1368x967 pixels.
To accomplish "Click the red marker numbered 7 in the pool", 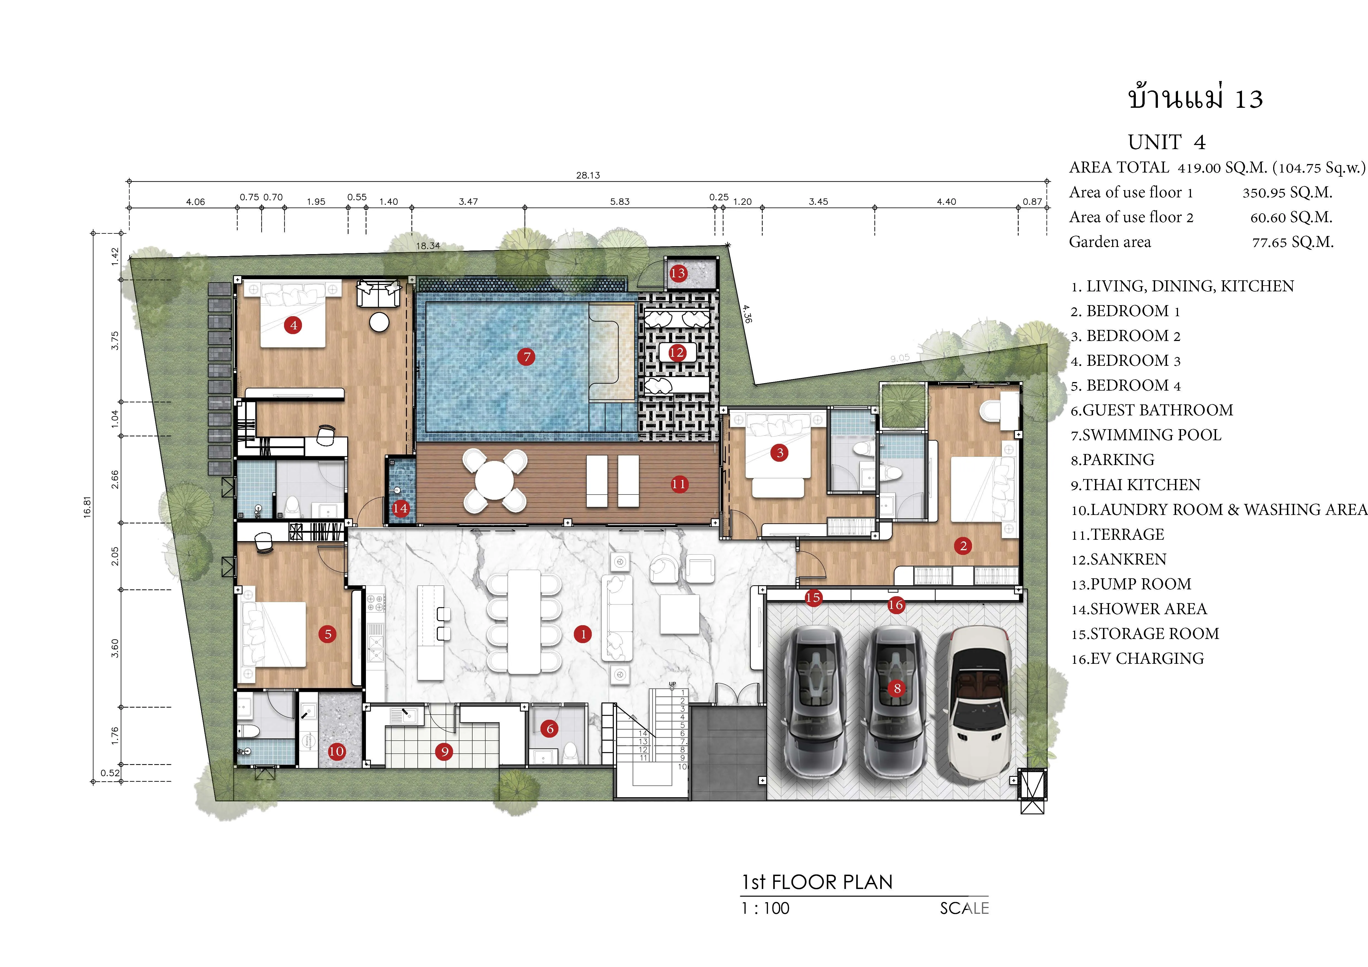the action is (x=526, y=357).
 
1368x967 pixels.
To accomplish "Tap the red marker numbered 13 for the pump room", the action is (x=678, y=273).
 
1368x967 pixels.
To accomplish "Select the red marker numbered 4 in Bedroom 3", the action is (x=293, y=325).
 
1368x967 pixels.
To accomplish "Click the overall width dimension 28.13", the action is (x=588, y=175).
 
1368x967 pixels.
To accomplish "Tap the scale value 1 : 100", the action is (x=766, y=909).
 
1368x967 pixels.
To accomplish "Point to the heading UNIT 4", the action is (x=1167, y=142).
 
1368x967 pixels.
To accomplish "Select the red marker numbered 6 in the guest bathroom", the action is (x=550, y=728).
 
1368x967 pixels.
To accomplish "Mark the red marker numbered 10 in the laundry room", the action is (x=337, y=751).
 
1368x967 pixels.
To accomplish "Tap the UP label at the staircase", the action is (x=673, y=684).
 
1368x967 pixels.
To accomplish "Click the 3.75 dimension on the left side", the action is (x=115, y=341).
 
